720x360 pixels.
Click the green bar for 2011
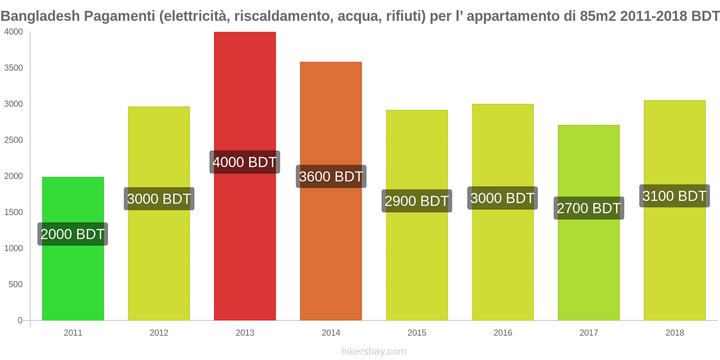click(73, 279)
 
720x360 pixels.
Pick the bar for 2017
click(589, 270)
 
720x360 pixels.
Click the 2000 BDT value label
click(72, 234)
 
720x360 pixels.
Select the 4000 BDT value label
click(245, 162)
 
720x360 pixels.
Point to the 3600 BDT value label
click(331, 176)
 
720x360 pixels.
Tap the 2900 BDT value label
click(417, 201)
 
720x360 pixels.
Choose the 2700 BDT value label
click(589, 208)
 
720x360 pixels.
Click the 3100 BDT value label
click(675, 196)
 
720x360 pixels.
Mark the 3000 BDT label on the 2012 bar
click(159, 198)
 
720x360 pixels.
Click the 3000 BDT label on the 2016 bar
click(502, 198)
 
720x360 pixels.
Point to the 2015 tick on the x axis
click(417, 333)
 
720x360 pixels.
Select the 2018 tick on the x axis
click(675, 333)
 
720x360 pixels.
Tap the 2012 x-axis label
click(159, 333)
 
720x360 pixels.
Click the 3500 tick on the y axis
click(13, 68)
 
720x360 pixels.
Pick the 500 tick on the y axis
click(16, 284)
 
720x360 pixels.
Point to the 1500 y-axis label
click(13, 212)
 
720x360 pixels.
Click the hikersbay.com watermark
click(373, 351)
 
